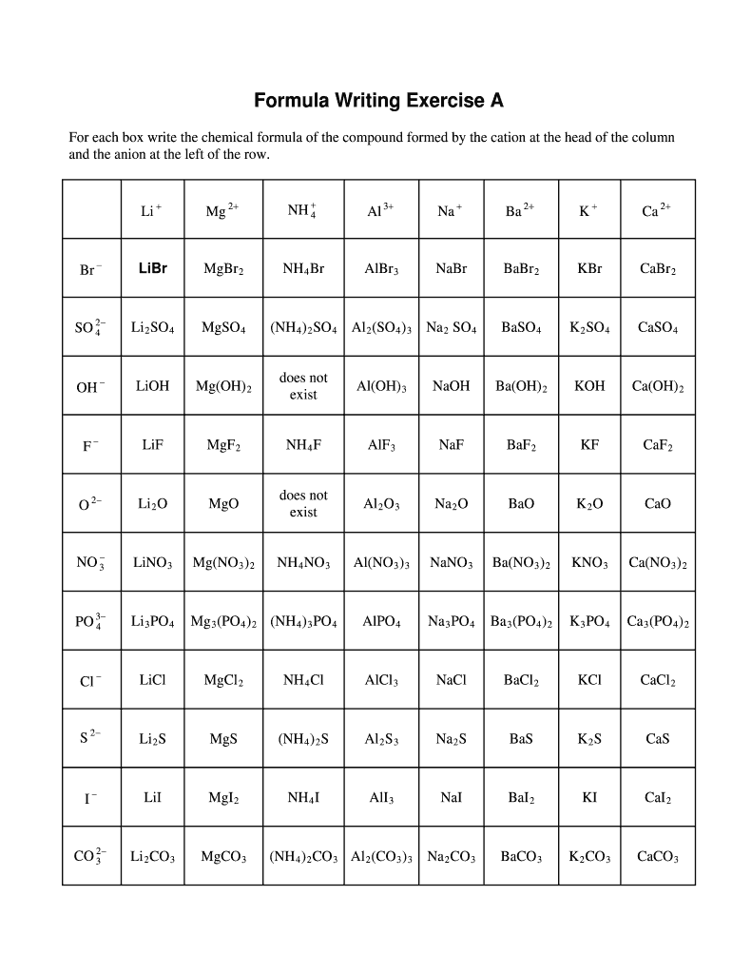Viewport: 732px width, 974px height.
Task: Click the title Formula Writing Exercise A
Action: [377, 101]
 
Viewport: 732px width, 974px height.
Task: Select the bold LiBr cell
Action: [152, 268]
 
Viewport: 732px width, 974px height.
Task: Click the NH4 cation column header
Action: [302, 210]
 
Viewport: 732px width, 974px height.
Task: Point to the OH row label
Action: [90, 387]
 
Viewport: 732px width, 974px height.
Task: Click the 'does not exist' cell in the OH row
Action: [303, 386]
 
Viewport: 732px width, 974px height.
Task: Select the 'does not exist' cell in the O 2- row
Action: [303, 504]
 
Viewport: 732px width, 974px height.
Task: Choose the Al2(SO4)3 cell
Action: [379, 328]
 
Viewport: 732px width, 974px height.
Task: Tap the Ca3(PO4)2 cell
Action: [658, 622]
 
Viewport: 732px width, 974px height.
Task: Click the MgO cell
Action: [223, 504]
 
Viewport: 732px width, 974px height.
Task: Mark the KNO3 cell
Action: [589, 563]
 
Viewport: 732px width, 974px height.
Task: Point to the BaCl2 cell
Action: [521, 681]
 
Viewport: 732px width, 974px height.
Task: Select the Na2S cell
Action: [451, 739]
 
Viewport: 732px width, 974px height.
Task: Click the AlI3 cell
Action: [379, 798]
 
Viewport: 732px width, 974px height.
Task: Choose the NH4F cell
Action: [303, 445]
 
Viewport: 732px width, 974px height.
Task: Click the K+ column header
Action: [589, 210]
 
